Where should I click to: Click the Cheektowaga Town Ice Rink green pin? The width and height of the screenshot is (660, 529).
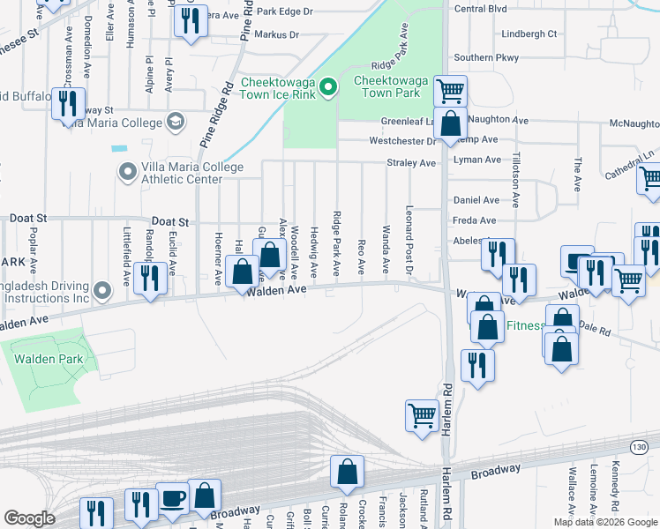(327, 86)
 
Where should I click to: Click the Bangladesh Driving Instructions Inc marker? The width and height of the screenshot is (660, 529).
(103, 289)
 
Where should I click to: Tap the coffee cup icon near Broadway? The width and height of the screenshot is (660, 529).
(172, 498)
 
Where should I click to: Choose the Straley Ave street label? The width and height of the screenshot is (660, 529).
(411, 163)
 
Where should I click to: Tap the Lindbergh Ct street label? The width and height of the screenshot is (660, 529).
(529, 34)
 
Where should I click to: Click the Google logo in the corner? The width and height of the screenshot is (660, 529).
(29, 518)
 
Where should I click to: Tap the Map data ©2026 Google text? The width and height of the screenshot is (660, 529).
(605, 522)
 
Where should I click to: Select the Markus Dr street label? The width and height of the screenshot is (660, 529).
(276, 35)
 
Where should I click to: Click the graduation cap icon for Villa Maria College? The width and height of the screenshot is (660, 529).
(175, 121)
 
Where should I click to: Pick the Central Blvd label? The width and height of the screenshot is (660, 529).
(480, 9)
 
